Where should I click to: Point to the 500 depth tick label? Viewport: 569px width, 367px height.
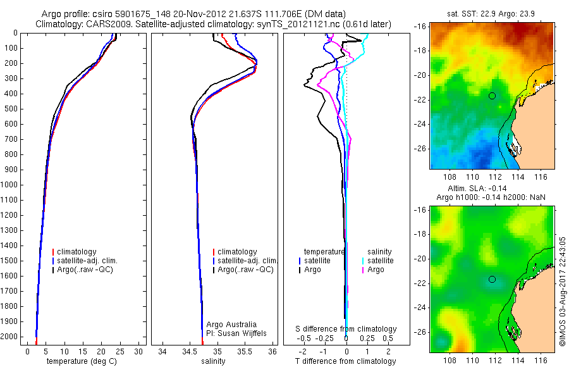(x=10, y=109)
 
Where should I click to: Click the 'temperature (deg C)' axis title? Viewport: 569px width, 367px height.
(x=79, y=361)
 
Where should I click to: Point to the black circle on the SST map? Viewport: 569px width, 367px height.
(x=492, y=96)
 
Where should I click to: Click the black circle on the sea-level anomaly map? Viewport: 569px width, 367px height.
(x=492, y=279)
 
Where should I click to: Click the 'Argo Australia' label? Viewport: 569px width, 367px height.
(x=231, y=323)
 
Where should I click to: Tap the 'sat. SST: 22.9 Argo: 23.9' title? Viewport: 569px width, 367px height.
(x=491, y=15)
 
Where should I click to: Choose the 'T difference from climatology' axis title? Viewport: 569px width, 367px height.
(x=346, y=361)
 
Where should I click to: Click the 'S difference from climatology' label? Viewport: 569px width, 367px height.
(x=346, y=329)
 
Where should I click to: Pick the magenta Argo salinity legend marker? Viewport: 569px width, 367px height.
(x=364, y=270)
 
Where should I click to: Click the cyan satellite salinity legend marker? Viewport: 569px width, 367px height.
(x=364, y=261)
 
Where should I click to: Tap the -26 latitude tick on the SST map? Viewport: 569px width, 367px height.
(x=421, y=149)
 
